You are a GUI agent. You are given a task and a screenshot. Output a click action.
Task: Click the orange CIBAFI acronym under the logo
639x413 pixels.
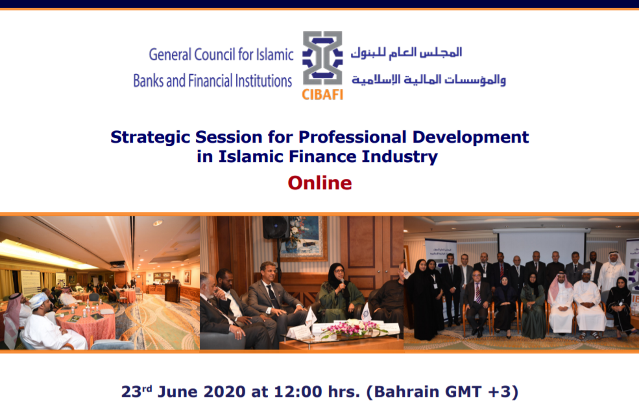[x=322, y=95]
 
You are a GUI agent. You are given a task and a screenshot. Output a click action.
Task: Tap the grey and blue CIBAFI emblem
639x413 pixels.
[x=322, y=58]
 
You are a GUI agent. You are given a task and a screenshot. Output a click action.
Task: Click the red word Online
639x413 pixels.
[x=319, y=183]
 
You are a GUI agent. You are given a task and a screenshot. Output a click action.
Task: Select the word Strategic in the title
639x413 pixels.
[x=151, y=137]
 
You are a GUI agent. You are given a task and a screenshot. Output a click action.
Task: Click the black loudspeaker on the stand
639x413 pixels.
[x=276, y=228]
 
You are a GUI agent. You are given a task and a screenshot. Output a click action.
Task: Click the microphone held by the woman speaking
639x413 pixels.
[x=343, y=283]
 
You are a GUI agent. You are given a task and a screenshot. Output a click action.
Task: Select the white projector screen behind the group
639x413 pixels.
[x=542, y=245]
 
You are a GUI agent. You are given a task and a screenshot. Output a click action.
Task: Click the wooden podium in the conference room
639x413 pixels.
[x=173, y=292]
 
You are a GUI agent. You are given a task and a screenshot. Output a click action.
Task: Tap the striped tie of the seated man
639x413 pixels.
[x=477, y=293]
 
